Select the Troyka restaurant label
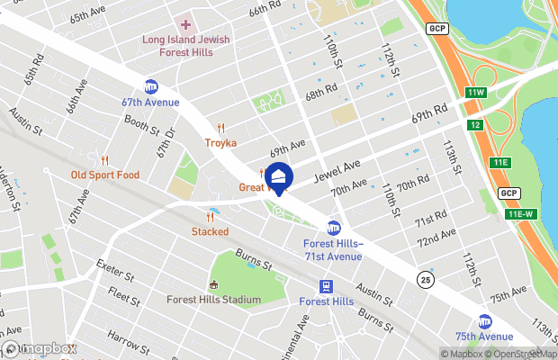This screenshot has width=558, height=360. click(x=220, y=143)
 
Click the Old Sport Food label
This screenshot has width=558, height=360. click(x=105, y=175)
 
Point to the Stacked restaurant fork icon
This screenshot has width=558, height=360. click(x=210, y=217)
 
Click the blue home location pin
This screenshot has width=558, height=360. click(x=279, y=177)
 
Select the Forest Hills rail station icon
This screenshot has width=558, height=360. click(x=325, y=287)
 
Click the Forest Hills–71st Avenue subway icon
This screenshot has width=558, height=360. click(x=333, y=228)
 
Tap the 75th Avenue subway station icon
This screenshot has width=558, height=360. click(x=485, y=321)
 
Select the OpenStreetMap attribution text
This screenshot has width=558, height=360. click(x=520, y=353)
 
